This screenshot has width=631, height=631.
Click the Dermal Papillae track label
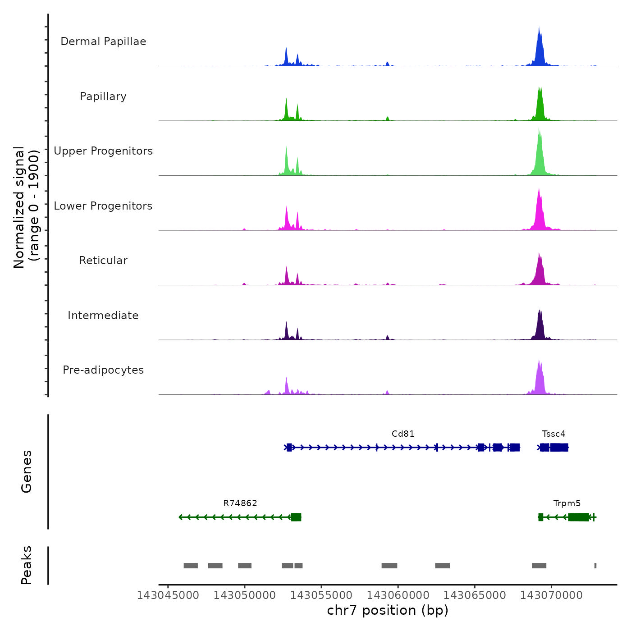(x=103, y=41)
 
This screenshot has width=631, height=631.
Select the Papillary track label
(x=103, y=96)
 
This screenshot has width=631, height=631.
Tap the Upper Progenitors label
(x=103, y=151)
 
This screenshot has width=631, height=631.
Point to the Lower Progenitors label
(x=103, y=206)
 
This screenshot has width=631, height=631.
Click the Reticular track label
(x=103, y=261)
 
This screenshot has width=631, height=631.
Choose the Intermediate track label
(x=103, y=315)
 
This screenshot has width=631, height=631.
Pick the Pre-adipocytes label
(x=103, y=370)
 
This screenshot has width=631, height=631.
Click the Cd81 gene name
(x=402, y=434)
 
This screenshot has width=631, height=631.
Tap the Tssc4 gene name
(x=553, y=434)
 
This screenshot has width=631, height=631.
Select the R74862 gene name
(x=240, y=503)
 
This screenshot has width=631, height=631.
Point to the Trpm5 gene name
(x=567, y=503)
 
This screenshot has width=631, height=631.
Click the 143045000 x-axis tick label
(x=168, y=595)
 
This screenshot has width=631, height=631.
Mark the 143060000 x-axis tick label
(x=398, y=595)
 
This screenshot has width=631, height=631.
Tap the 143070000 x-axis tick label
(x=551, y=595)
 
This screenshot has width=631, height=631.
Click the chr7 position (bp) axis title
(x=388, y=610)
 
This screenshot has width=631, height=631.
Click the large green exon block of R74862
(x=296, y=517)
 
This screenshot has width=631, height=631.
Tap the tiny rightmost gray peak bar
(x=595, y=566)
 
